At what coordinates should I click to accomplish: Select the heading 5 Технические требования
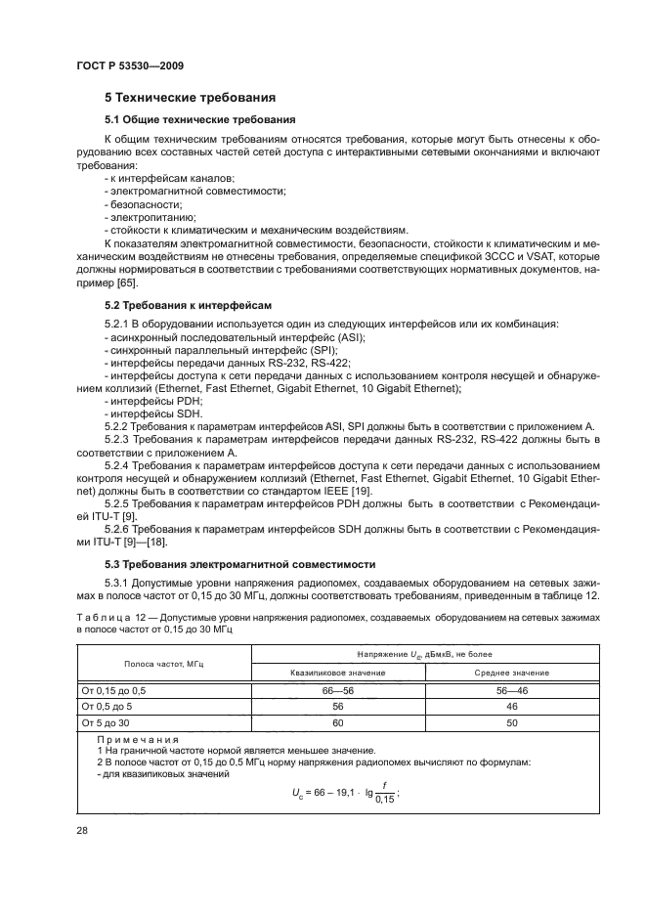pos(190,98)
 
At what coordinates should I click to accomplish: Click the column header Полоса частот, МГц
pos(164,663)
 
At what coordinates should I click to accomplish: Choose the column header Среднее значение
pos(511,673)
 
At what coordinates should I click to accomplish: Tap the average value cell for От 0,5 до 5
pos(511,705)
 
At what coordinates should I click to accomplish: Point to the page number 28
pos(83,829)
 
